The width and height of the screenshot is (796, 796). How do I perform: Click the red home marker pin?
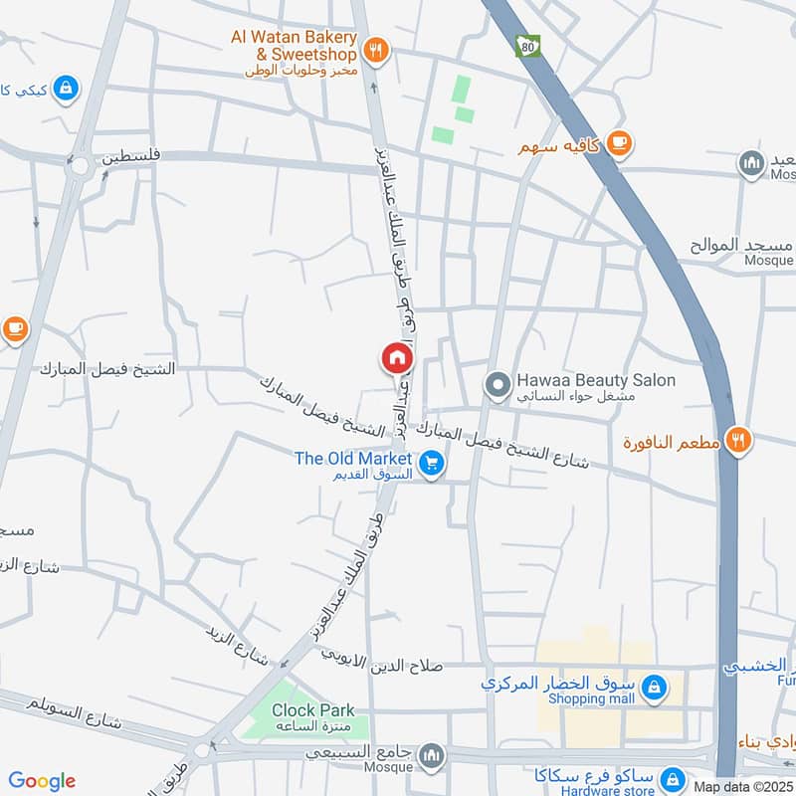(396, 357)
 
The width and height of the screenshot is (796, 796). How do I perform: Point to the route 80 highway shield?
(524, 46)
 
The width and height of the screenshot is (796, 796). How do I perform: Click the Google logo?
(42, 781)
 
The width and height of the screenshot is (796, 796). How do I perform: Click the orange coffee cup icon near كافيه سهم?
(618, 143)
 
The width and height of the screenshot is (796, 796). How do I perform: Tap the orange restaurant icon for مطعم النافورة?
(737, 439)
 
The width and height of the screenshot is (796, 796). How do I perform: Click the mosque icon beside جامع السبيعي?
(431, 756)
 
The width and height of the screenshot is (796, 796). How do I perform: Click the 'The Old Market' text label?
(353, 459)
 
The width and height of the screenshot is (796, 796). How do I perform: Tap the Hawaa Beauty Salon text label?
(595, 380)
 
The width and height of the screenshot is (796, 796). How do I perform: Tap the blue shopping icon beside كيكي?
(66, 89)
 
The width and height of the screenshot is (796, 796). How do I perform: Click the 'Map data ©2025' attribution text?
(743, 786)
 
